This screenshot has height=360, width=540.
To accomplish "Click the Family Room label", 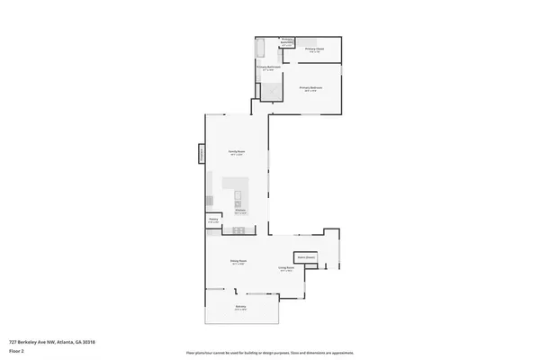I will (x=236, y=154).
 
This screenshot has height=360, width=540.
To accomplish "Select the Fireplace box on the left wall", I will (x=201, y=155).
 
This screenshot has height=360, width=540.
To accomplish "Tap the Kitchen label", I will (x=240, y=211).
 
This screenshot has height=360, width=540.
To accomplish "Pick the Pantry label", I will (x=214, y=220).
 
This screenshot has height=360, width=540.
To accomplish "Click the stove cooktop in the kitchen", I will (x=239, y=229).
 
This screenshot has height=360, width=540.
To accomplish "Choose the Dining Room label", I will (x=239, y=262).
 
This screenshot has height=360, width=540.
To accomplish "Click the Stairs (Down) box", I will (x=306, y=257).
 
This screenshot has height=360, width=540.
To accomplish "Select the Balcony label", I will (x=241, y=308).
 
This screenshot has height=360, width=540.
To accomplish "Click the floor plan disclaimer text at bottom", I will (x=270, y=352).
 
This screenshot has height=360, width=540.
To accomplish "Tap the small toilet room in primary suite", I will (x=287, y=42).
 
